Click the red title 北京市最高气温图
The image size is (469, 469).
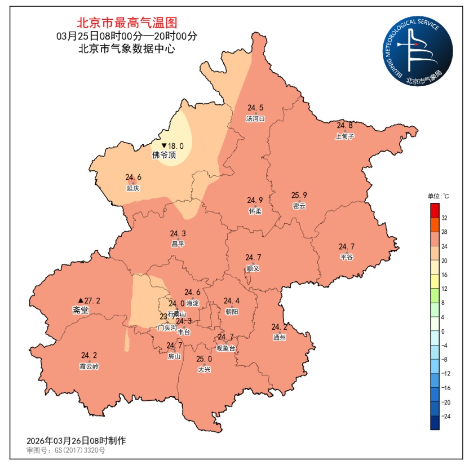tap(127, 23)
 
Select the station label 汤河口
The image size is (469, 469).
tap(255, 119)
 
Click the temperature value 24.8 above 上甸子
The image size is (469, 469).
tap(345, 125)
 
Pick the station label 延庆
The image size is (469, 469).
tap(133, 188)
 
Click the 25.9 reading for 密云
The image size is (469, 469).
tap(299, 196)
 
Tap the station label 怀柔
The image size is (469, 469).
tap(255, 211)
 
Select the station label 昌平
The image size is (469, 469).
tap(178, 244)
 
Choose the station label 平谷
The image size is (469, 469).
tap(346, 257)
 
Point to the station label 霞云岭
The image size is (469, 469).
tap(89, 366)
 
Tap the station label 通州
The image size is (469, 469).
tap(279, 338)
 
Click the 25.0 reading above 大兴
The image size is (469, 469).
tap(204, 359)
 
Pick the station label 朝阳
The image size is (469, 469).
tap(231, 312)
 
